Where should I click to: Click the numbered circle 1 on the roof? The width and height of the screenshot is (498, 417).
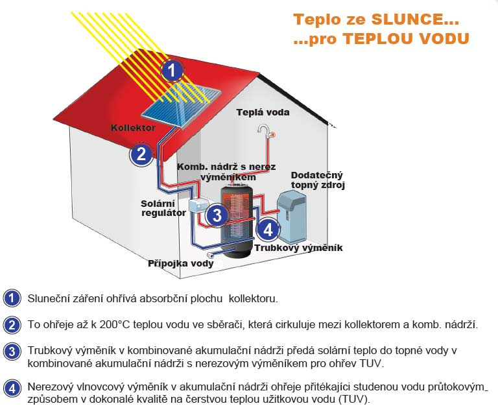pyautogui.click(x=171, y=70)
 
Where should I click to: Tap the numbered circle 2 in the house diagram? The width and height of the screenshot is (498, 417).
pyautogui.click(x=141, y=154)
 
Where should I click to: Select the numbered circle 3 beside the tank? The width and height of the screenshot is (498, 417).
pyautogui.click(x=217, y=215)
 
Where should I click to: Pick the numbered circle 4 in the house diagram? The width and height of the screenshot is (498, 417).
pyautogui.click(x=268, y=229)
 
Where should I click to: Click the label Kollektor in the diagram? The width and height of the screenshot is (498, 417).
pyautogui.click(x=133, y=128)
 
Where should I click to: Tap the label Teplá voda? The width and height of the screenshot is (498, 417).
pyautogui.click(x=263, y=112)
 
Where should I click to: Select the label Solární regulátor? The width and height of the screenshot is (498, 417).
pyautogui.click(x=159, y=208)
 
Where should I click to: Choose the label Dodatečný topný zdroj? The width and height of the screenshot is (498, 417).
pyautogui.click(x=317, y=180)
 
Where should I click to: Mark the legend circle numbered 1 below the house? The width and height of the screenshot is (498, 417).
pyautogui.click(x=12, y=298)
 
